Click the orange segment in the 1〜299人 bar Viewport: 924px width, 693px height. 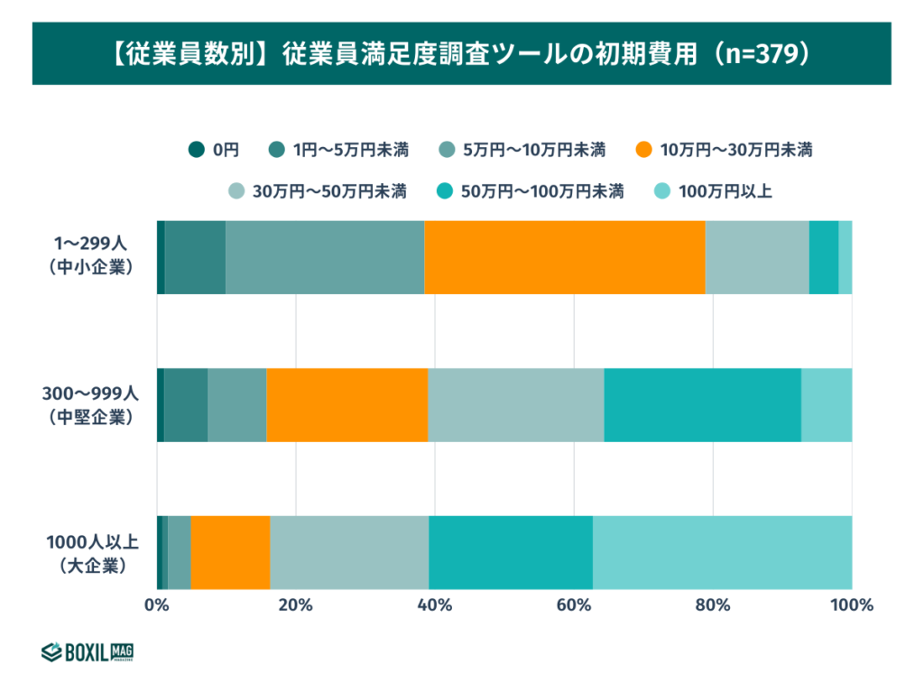coord(564,257)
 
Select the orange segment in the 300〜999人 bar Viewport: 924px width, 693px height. coord(346,405)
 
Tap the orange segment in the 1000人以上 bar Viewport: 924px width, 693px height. coord(230,552)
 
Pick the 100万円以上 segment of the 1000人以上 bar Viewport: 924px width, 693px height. coord(722,552)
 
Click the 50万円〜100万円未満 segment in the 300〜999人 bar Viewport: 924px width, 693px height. coord(702,405)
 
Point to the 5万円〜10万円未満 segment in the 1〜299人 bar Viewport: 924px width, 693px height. coord(325,257)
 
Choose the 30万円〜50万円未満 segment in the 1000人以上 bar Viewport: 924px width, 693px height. coord(349,552)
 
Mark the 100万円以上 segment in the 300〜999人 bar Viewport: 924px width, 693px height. coord(827,405)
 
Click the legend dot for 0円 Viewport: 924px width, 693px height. coord(195,150)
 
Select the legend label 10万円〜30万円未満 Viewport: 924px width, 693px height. coord(736,150)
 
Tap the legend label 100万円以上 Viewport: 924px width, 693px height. coord(725,191)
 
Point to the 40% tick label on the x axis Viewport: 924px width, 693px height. coord(435,605)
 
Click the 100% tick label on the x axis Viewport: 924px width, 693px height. coord(851,605)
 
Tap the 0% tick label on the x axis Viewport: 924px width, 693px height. coord(157,605)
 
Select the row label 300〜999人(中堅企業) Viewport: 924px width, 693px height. coord(91,405)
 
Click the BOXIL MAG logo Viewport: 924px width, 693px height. coord(88,651)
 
